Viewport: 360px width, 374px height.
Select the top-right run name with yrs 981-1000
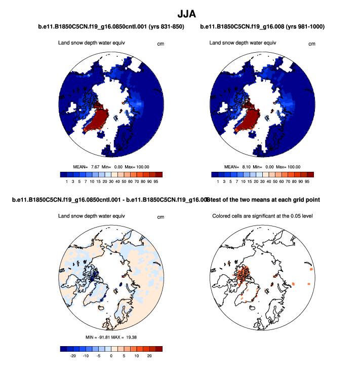point(262,27)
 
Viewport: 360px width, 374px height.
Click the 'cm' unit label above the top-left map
point(161,44)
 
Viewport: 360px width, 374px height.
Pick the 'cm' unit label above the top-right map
point(311,44)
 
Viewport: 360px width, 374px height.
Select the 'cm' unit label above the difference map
point(161,217)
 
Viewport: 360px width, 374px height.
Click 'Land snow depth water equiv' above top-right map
point(243,43)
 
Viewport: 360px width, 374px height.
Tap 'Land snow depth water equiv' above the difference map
point(92,216)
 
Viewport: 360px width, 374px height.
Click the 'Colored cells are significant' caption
point(262,216)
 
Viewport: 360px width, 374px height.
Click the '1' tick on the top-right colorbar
point(218,180)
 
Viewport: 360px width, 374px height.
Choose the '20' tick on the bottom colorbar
point(149,356)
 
